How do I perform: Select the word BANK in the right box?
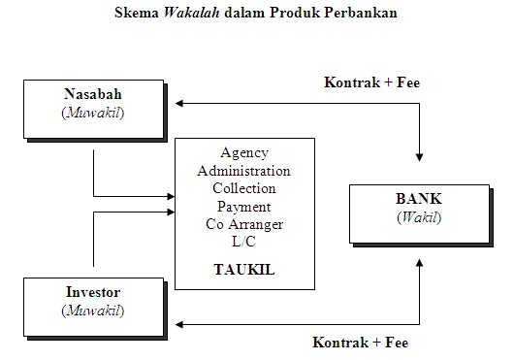click(x=419, y=199)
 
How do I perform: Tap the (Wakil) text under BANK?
click(x=419, y=216)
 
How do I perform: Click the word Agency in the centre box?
click(x=244, y=153)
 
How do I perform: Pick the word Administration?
click(x=243, y=171)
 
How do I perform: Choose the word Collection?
click(x=243, y=188)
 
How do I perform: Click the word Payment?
click(x=244, y=206)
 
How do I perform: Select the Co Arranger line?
click(x=244, y=223)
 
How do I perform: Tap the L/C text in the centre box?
click(x=244, y=241)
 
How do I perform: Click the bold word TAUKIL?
click(x=244, y=270)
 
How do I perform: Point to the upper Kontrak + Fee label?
click(x=370, y=82)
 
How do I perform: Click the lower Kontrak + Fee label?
click(x=361, y=342)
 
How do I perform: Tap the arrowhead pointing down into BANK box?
click(x=419, y=156)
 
